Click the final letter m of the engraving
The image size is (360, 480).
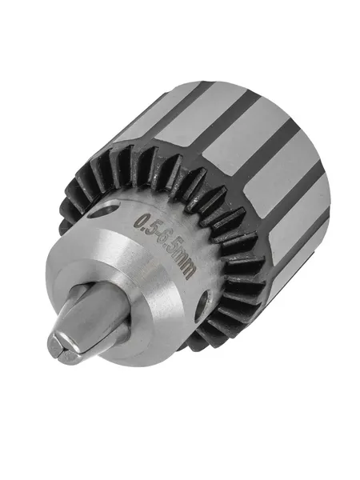click(x=188, y=271)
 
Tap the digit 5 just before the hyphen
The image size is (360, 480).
click(x=150, y=228)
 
